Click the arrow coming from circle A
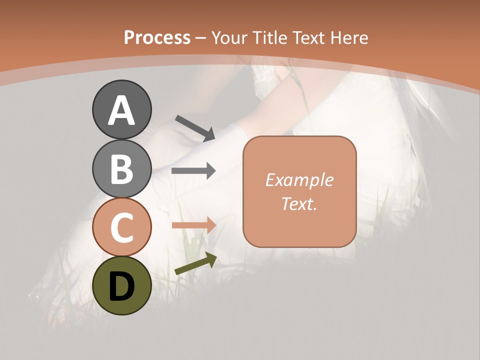tap(195, 127)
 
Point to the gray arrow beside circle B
tap(193, 171)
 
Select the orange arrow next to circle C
tap(194, 225)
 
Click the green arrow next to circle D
tap(195, 264)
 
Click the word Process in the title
tap(157, 37)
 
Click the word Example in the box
tap(299, 180)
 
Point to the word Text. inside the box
tap(299, 203)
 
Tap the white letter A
tap(121, 110)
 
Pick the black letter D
tap(121, 286)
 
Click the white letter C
tap(121, 228)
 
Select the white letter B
tap(121, 169)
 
